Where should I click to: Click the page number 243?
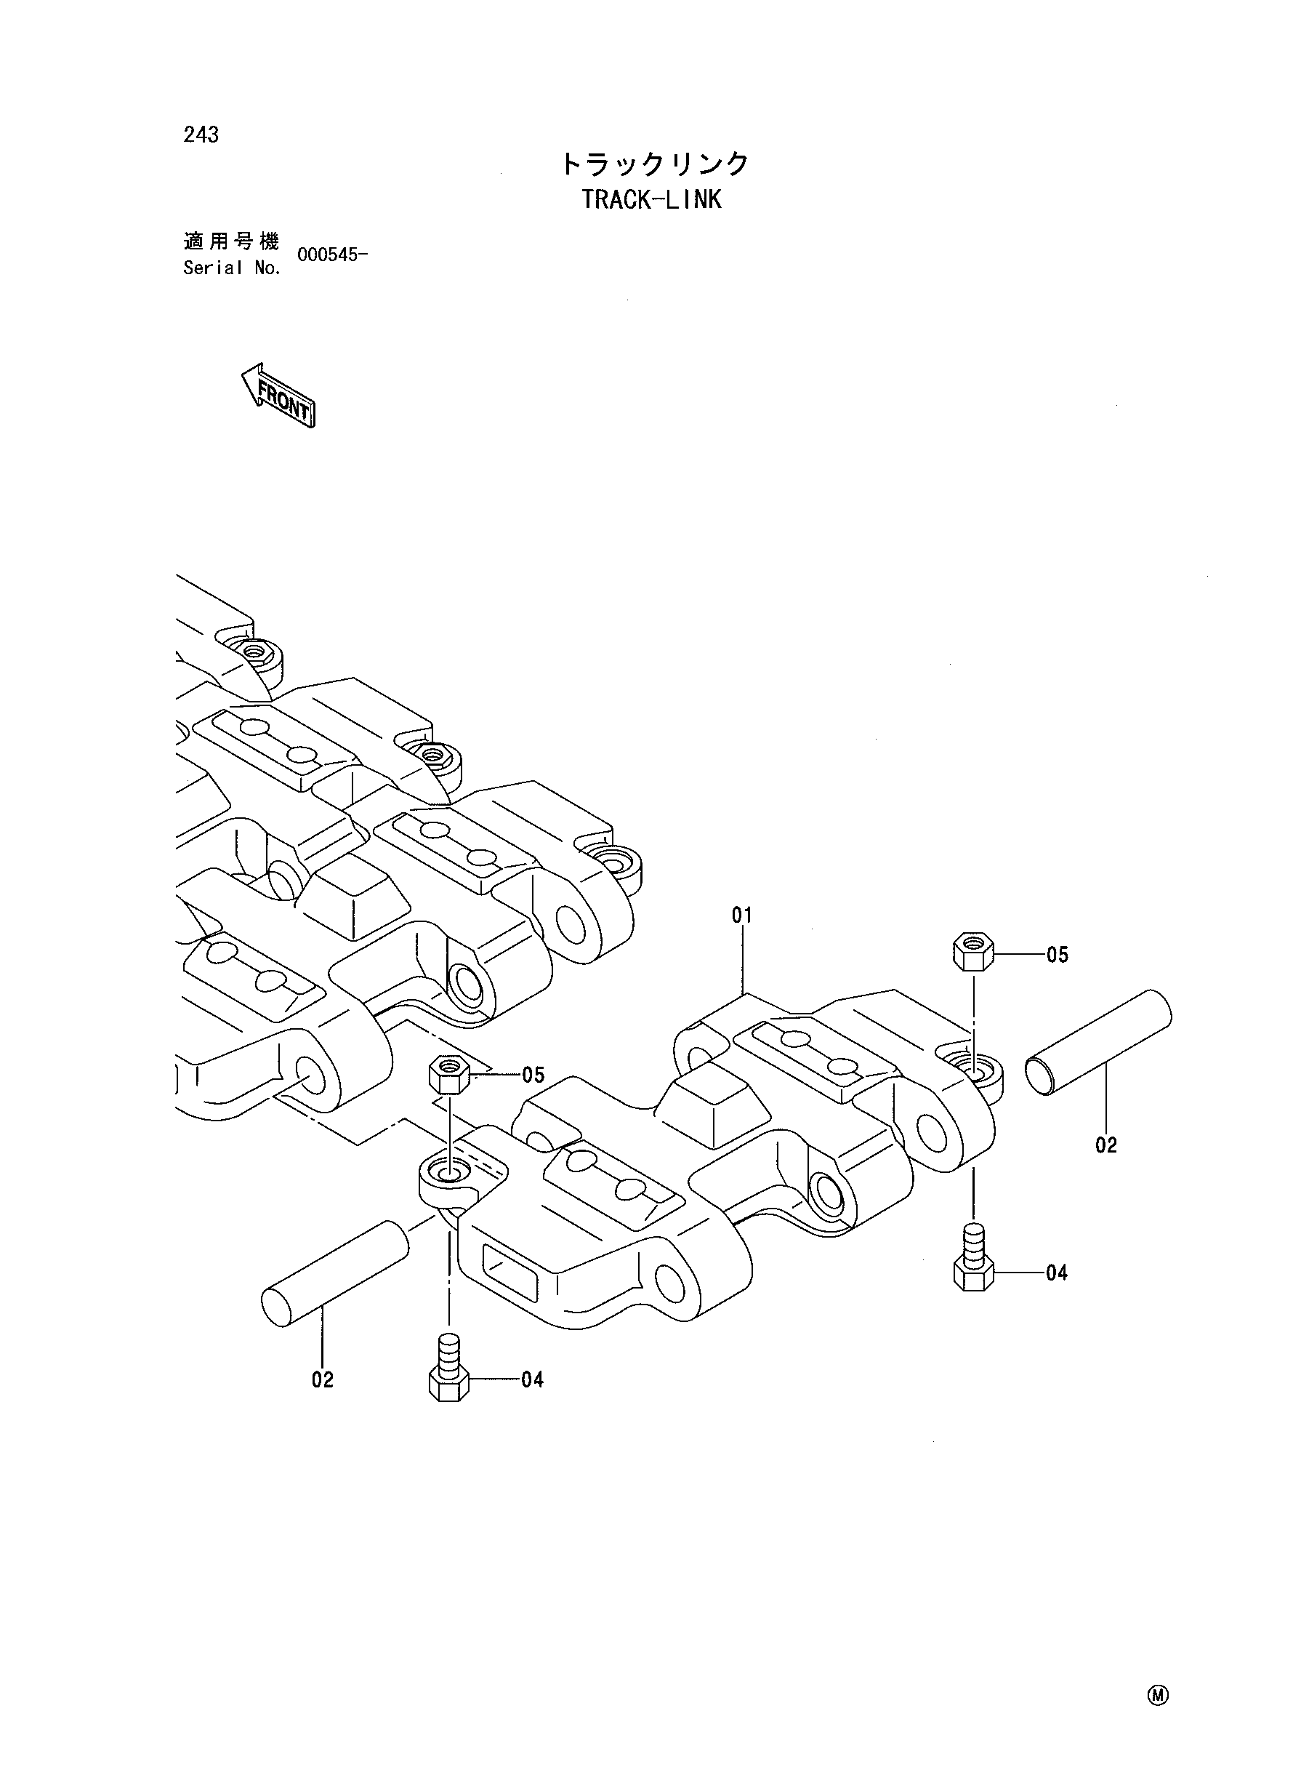click(x=201, y=135)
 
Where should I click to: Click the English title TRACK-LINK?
click(x=651, y=200)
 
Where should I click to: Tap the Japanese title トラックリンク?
click(x=655, y=164)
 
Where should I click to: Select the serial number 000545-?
click(x=333, y=255)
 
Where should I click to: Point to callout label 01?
click(x=742, y=915)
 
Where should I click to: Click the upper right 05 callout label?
click(x=1058, y=955)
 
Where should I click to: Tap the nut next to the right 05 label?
click(x=973, y=951)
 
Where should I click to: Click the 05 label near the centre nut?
click(x=533, y=1074)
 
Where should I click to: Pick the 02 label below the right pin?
click(x=1106, y=1145)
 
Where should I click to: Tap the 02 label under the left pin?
click(x=323, y=1379)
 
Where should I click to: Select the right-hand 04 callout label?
click(x=1057, y=1273)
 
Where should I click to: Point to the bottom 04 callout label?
click(x=532, y=1379)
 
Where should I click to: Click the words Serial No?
click(x=232, y=268)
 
